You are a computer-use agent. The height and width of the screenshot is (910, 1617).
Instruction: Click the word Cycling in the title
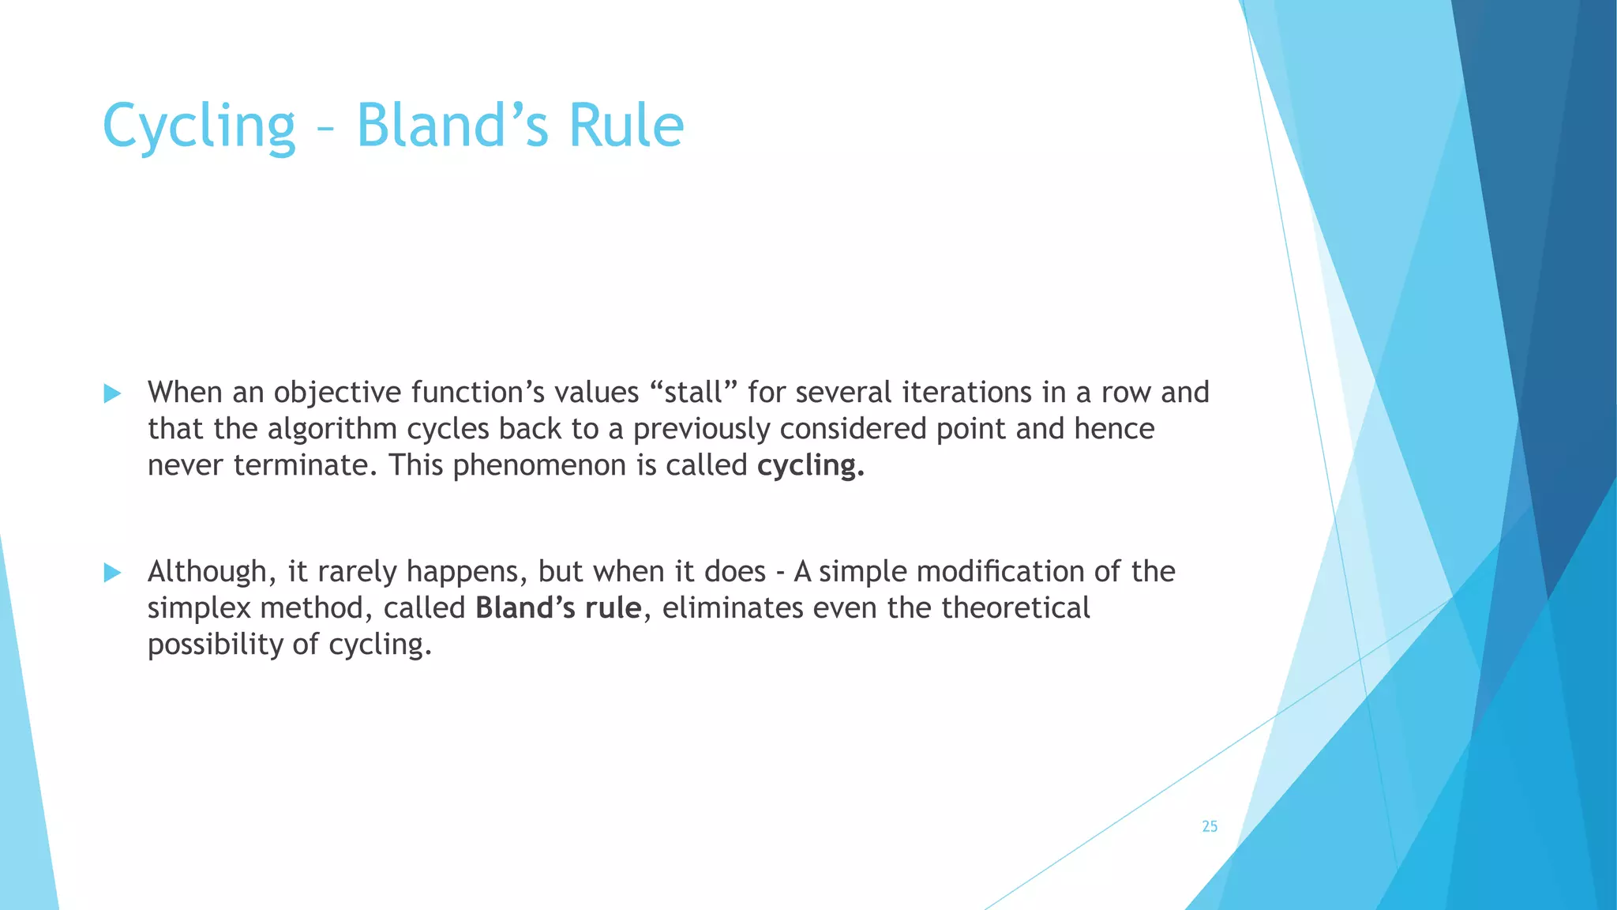(x=199, y=126)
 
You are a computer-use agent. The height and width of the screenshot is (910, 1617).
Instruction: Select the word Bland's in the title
(x=452, y=126)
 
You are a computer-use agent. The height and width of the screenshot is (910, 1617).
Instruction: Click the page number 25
(x=1210, y=826)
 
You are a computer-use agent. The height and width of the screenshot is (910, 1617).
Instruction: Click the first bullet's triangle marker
(x=112, y=393)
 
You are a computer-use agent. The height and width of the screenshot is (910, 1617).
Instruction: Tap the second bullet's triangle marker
(x=112, y=573)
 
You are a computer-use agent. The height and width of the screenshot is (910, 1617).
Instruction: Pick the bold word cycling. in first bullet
(x=811, y=466)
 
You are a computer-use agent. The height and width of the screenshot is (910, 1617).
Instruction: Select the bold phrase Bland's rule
(x=558, y=608)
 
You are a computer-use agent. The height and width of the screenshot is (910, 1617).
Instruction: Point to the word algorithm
(x=332, y=429)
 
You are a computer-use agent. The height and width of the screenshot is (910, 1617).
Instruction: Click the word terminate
(x=301, y=465)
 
